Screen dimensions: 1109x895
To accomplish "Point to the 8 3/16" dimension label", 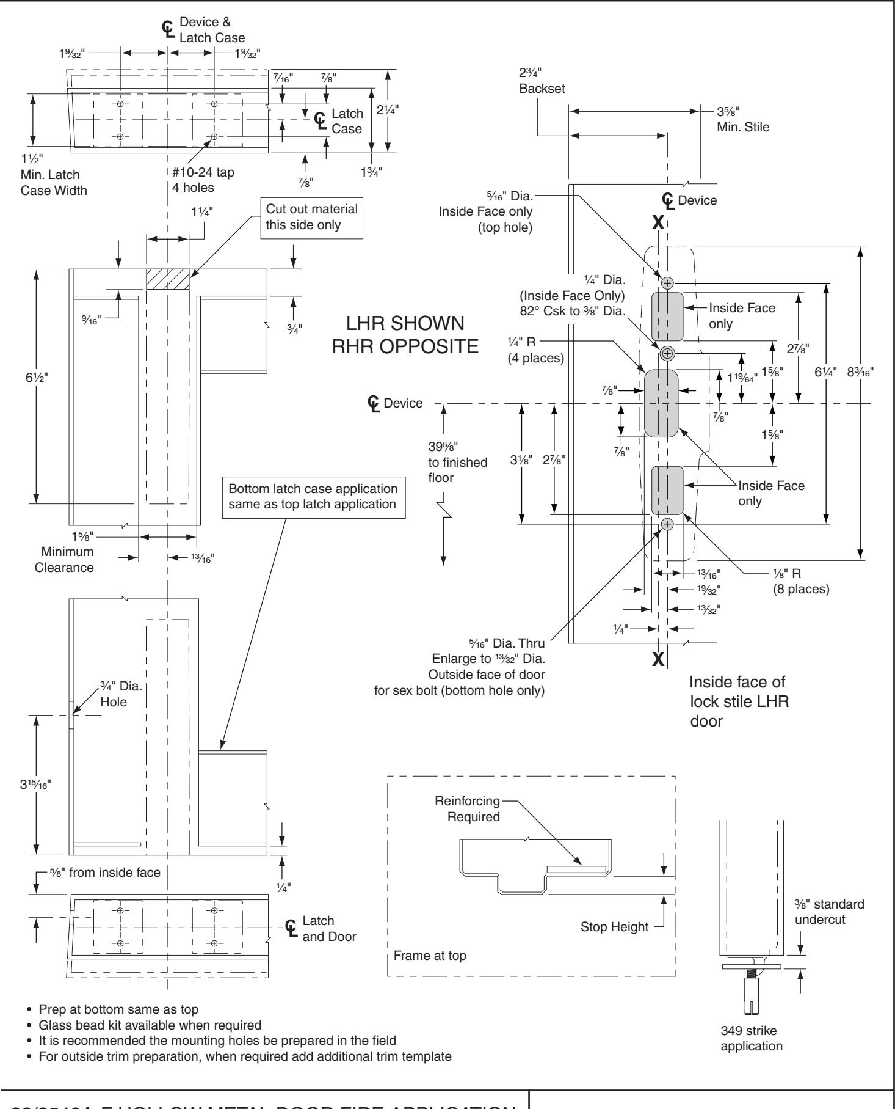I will tap(861, 371).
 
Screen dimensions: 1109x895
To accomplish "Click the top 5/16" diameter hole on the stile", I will tap(667, 283).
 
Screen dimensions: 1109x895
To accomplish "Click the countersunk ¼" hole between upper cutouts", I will tap(667, 353).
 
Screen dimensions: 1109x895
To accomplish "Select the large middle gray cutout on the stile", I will tap(662, 403).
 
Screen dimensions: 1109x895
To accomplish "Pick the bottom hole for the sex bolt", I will tap(667, 524).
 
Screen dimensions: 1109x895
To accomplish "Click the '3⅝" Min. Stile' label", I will tap(742, 120).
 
